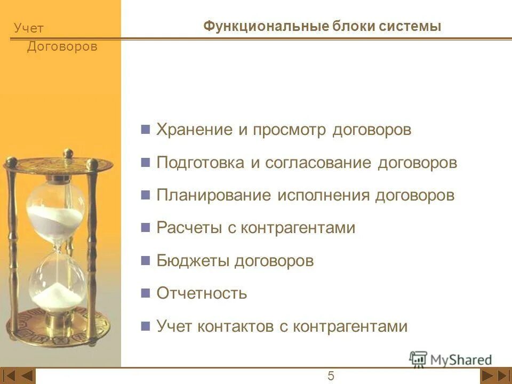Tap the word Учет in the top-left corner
coord(29,29)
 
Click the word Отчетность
coord(202,293)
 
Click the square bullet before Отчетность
coord(145,293)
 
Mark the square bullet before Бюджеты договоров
coord(145,261)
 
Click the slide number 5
coord(331,377)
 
